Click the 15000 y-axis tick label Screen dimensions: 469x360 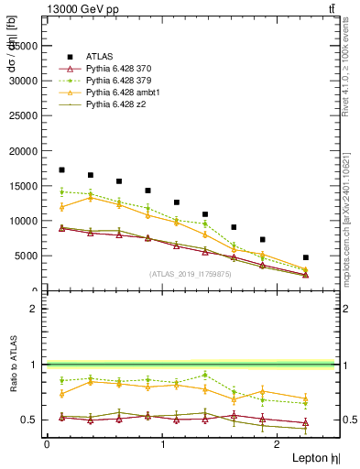click(x=24, y=186)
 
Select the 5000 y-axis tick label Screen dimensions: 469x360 click(x=27, y=256)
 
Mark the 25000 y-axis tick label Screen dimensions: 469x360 click(x=24, y=115)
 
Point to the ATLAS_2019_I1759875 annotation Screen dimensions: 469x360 click(x=191, y=274)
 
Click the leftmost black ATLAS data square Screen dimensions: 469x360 click(x=61, y=170)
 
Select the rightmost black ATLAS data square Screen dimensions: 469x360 click(x=306, y=257)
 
